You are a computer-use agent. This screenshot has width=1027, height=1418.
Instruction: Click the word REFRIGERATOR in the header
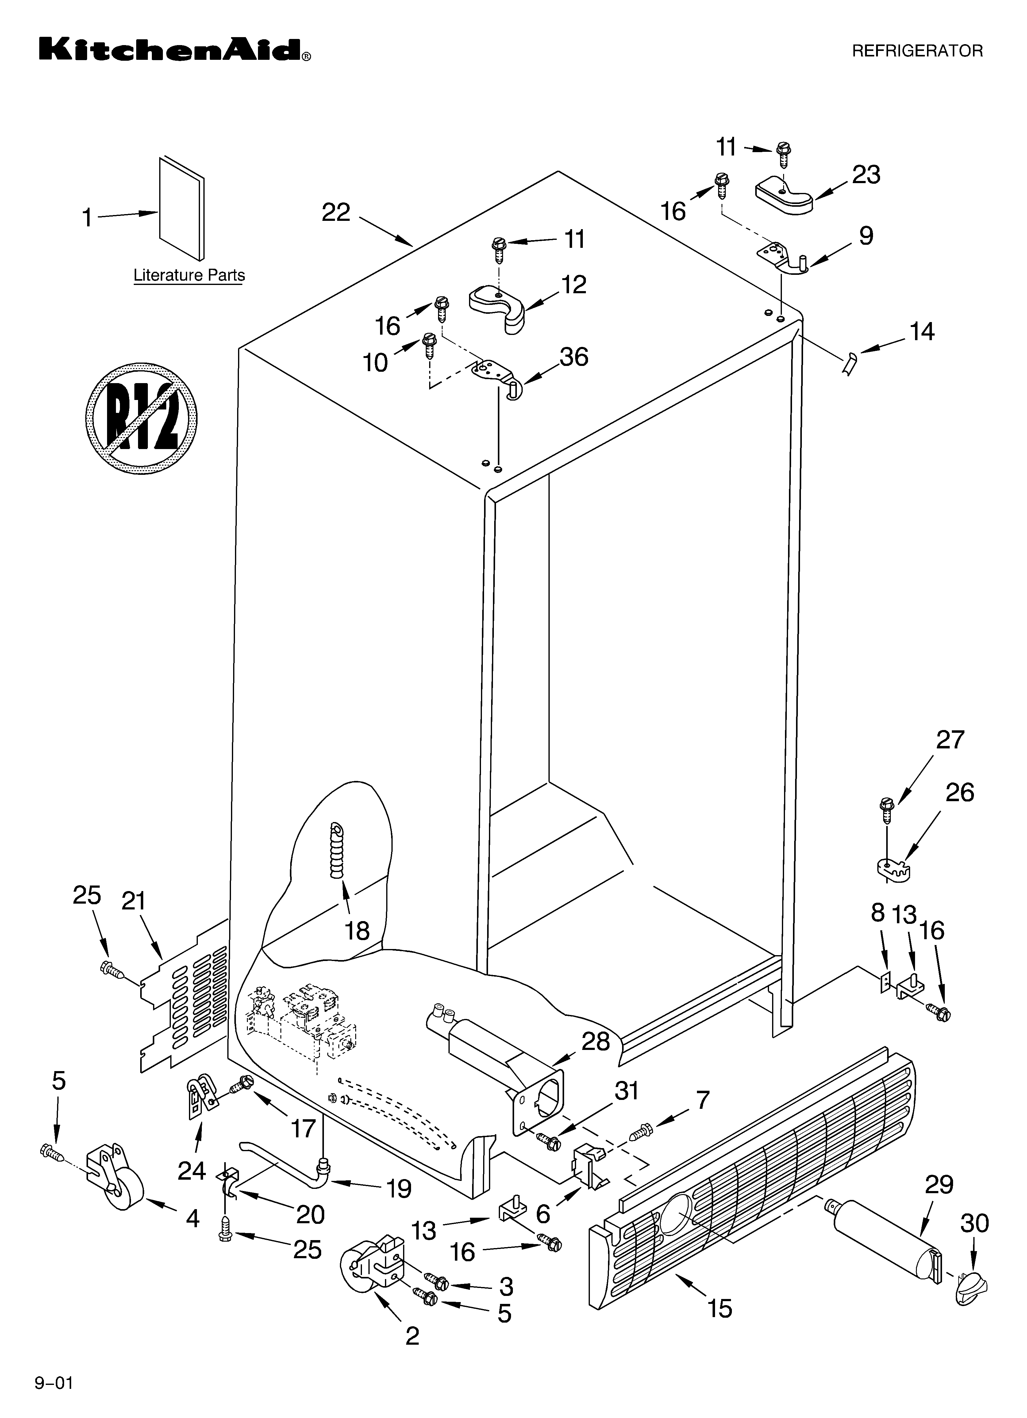pyautogui.click(x=917, y=51)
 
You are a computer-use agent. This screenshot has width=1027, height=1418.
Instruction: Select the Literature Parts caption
pyautogui.click(x=189, y=275)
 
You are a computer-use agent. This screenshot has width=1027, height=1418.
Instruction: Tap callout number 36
pyautogui.click(x=574, y=357)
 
